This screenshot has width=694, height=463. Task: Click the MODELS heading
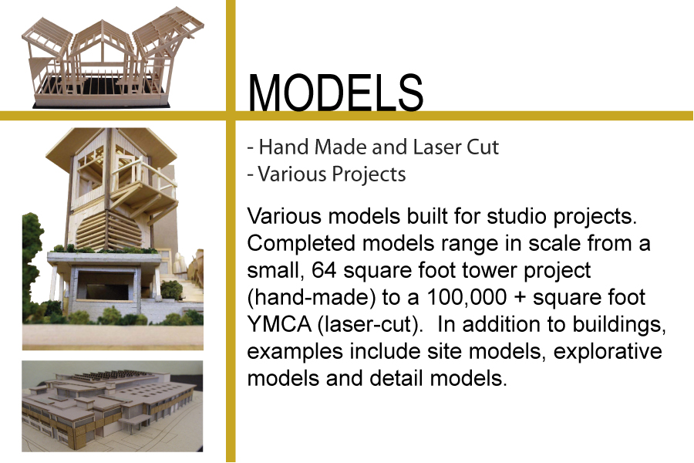(x=335, y=93)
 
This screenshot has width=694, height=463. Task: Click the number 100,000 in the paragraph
(x=467, y=297)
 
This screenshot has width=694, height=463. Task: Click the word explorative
(x=608, y=352)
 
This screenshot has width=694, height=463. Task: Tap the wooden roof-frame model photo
(x=113, y=58)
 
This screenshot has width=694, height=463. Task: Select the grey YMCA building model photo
(x=113, y=407)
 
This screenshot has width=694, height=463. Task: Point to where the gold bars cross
(x=231, y=116)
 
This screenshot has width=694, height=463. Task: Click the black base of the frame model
(x=101, y=103)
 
